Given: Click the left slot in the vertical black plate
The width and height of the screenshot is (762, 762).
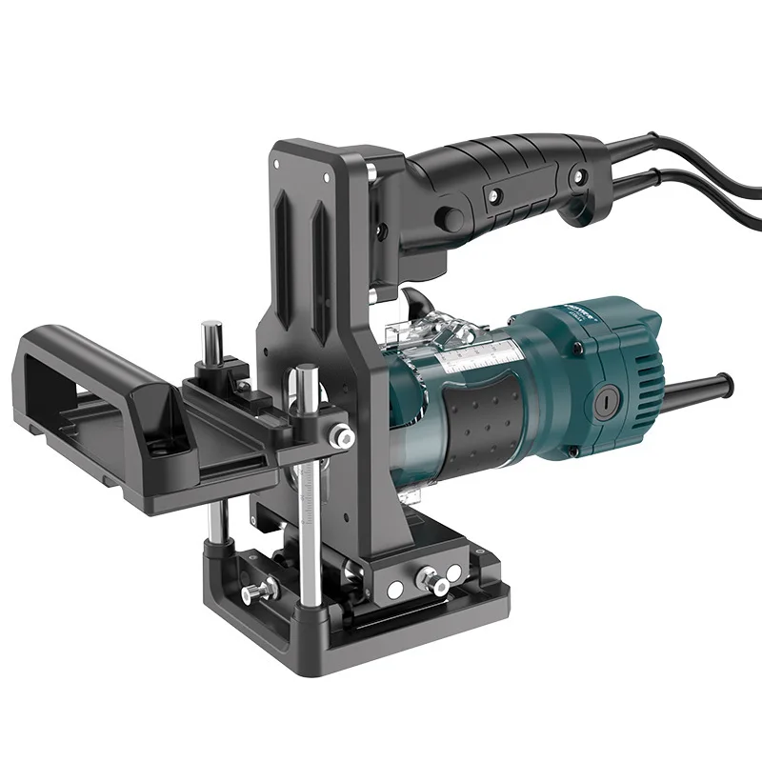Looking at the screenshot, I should click(285, 229).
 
